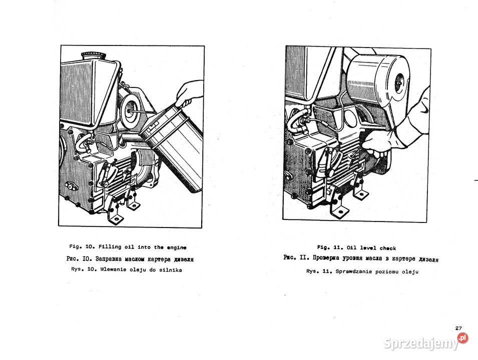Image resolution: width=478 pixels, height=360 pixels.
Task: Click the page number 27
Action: [x=458, y=328]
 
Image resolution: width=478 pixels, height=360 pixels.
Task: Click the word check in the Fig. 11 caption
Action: [x=388, y=248]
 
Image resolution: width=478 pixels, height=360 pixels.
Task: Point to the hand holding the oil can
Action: [x=189, y=93]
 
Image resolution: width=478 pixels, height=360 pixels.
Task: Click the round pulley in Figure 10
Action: [x=132, y=110]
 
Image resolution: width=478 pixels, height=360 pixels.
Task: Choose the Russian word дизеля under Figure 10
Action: [x=184, y=259]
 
